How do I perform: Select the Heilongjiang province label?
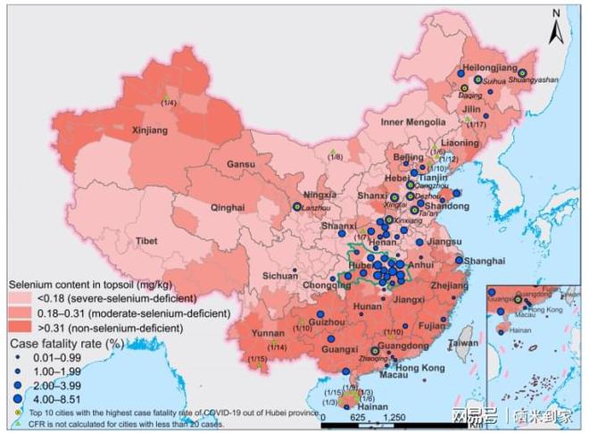(493, 68)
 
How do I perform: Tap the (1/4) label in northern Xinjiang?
(167, 105)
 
